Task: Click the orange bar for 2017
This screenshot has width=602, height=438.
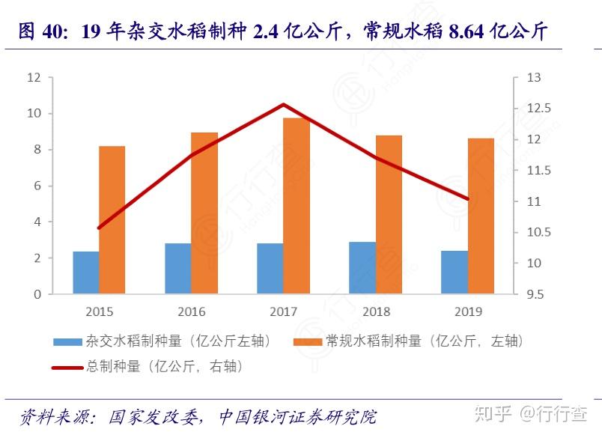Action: coord(297,206)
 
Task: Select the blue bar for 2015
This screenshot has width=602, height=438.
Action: coord(86,273)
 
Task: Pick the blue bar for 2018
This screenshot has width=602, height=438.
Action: coord(362,268)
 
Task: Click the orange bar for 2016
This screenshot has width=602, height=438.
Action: coord(204,213)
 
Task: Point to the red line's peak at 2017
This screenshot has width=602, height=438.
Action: coord(283,104)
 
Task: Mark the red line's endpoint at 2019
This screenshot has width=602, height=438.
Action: coord(468,199)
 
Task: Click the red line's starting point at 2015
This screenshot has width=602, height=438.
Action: coord(99,228)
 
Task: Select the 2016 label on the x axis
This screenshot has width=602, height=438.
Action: coord(192,311)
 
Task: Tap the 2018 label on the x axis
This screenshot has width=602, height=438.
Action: coord(376,311)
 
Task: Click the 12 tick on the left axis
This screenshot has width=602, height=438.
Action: coord(34,78)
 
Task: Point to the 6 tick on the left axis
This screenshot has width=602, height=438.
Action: coord(37,186)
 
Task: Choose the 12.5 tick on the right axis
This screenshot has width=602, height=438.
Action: coord(538,109)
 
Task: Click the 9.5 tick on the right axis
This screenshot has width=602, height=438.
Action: coord(535,294)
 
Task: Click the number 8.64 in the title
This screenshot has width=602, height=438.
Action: coord(469,32)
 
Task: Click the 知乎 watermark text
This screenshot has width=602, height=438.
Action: coord(495,413)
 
